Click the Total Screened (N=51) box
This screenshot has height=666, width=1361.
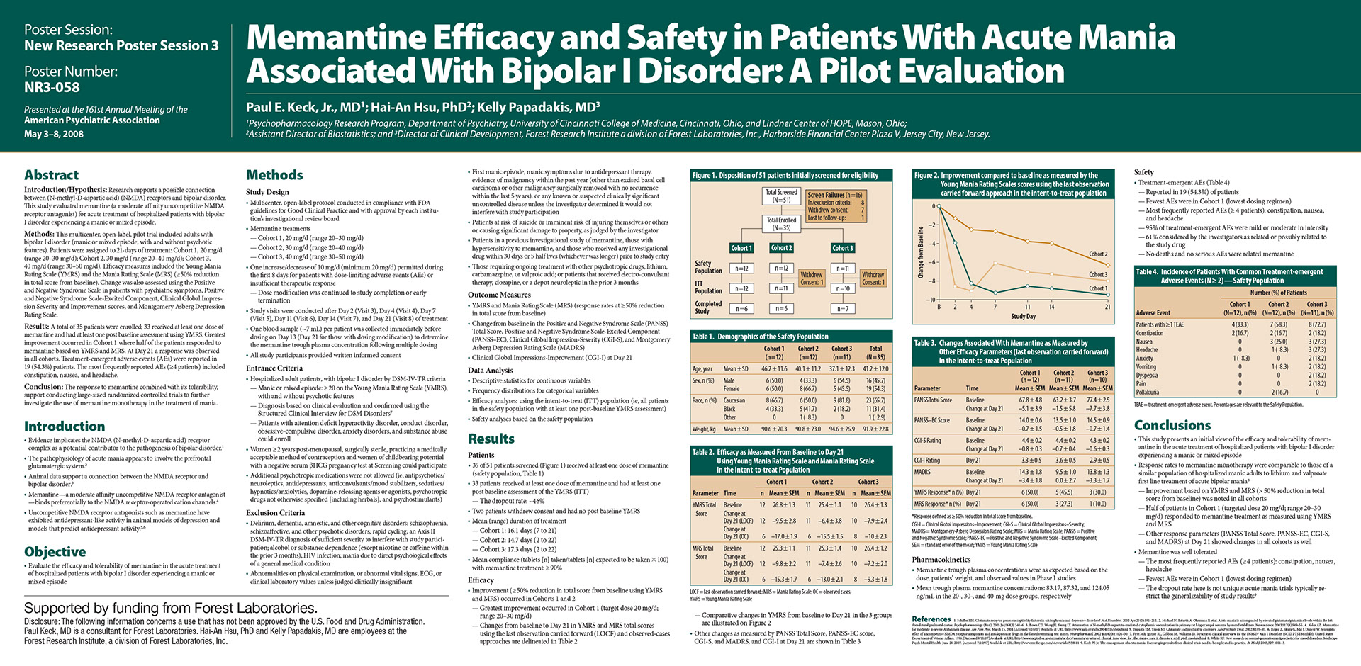pos(781,196)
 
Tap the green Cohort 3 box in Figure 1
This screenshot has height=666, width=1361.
pos(843,248)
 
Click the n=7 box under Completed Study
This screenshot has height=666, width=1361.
pos(842,308)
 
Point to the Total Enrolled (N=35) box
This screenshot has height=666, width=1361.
pos(781,224)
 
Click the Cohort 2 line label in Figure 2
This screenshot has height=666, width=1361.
pos(1097,254)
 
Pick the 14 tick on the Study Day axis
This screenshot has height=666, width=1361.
pos(1051,307)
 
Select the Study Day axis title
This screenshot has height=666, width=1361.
pos(1023,316)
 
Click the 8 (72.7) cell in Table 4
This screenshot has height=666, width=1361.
pos(1317,324)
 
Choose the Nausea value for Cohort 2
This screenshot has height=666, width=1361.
pos(1278,342)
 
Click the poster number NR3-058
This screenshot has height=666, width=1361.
pos(52,87)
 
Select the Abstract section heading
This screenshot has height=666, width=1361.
pos(51,175)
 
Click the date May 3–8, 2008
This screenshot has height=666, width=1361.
pos(54,134)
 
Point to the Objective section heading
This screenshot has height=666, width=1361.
pos(55,551)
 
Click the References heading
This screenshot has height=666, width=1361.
pos(931,619)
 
